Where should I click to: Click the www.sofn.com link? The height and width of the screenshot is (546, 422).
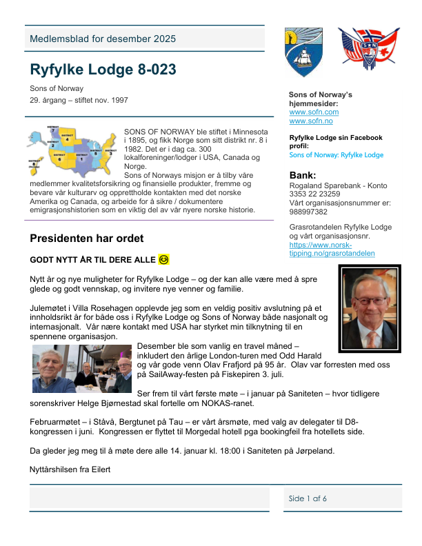(314, 112)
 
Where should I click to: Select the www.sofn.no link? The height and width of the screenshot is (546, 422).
(311, 121)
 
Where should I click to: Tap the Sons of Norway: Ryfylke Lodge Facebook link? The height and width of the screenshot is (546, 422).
(334, 155)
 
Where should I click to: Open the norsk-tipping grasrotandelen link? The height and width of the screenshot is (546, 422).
(332, 249)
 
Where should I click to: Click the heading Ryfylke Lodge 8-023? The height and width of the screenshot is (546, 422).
(103, 70)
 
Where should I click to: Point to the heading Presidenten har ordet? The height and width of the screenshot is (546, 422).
(87, 239)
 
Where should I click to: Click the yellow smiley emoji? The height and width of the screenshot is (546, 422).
(163, 260)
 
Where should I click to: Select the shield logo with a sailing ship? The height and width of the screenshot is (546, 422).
(303, 52)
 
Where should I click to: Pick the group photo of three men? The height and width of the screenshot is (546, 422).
(82, 368)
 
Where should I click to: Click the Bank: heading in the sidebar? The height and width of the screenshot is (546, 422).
(303, 175)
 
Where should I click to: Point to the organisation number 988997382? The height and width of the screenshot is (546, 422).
(309, 212)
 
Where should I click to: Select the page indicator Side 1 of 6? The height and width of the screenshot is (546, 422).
(308, 498)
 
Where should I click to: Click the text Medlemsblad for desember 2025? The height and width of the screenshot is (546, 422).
(102, 39)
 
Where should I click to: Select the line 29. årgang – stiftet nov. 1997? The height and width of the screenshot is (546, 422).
(79, 101)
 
